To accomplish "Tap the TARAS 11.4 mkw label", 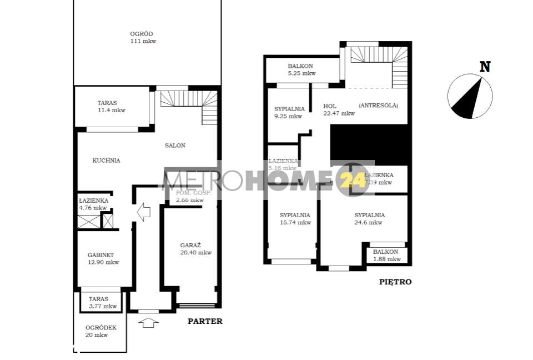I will coord(111,106).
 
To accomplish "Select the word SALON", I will coord(175,146).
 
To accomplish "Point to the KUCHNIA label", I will coord(106,161).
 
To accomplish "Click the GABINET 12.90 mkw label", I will coord(104,258).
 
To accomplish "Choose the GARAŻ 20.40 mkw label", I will coord(195,248).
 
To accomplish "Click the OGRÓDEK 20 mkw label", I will coord(100,331).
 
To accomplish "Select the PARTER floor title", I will coord(205,321).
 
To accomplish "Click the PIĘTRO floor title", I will coord(395,282).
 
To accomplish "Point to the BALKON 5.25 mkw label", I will coord(301,69).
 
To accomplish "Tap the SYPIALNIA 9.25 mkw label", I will coord(289,112).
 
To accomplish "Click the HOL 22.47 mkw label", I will coord(339,109).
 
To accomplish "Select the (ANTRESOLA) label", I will coord(378,105).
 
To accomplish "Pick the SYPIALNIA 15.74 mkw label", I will coord(295,218).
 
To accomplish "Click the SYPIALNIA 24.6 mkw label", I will coord(369,218).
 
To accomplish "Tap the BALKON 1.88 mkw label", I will coord(386,255).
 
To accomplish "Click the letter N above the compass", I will coord(485,67).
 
